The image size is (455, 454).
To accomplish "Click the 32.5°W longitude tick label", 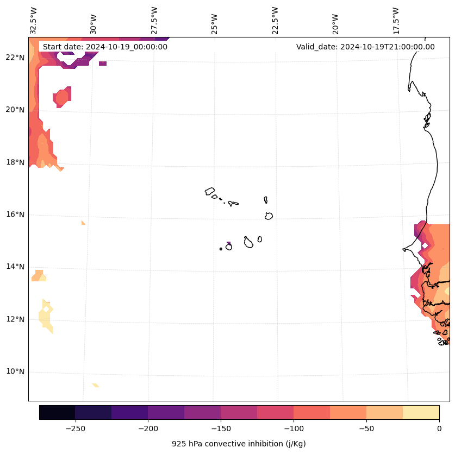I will (34, 21).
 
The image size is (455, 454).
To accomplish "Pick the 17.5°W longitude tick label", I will (396, 21).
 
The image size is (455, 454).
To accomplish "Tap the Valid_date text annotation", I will (365, 47).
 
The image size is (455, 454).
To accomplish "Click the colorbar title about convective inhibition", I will (239, 444).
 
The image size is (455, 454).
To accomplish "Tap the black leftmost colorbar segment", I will (57, 412).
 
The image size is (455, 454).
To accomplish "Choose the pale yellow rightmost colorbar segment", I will (421, 412).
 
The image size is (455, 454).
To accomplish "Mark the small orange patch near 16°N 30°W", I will (83, 222).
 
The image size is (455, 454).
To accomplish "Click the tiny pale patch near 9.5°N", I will (96, 385).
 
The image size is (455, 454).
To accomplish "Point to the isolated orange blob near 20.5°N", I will (62, 97).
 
